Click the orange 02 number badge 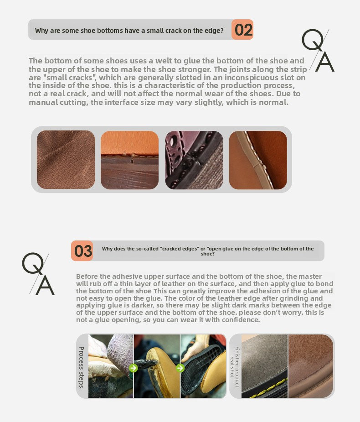[x=242, y=30]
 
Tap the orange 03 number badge [x=82, y=251]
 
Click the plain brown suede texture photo [x=66, y=160]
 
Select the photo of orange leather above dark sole [x=129, y=160]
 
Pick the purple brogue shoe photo [x=194, y=160]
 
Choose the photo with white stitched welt [x=258, y=160]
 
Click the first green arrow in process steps [x=134, y=368]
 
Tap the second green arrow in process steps [x=180, y=368]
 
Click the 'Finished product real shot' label [x=234, y=367]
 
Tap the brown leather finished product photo [x=311, y=366]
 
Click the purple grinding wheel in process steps [x=120, y=353]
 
